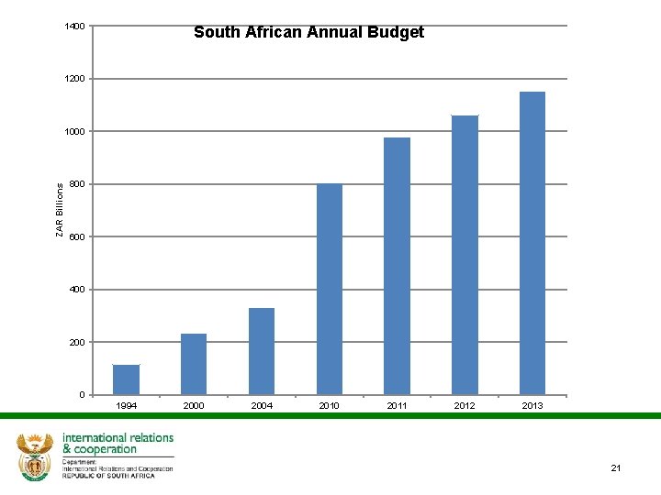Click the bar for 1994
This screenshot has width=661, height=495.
[x=126, y=379]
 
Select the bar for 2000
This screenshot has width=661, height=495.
[x=194, y=364]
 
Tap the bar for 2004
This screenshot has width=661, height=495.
[x=262, y=351]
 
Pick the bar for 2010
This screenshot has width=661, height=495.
[x=330, y=289]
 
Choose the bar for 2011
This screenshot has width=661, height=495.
[x=397, y=266]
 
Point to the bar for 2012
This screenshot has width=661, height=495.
[x=465, y=255]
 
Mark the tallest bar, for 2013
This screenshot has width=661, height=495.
[x=532, y=243]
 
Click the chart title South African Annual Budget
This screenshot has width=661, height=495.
[x=308, y=33]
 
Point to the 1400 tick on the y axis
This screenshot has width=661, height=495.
[x=74, y=27]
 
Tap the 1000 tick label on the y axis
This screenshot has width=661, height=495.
[x=74, y=132]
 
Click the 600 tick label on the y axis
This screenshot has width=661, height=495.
[x=77, y=237]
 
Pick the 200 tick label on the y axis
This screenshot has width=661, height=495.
[x=77, y=343]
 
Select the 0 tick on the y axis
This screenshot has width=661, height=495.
[x=82, y=395]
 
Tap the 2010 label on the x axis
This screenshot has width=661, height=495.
[x=330, y=405]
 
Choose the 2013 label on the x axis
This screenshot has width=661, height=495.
[x=532, y=405]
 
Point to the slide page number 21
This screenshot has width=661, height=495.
[x=616, y=468]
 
